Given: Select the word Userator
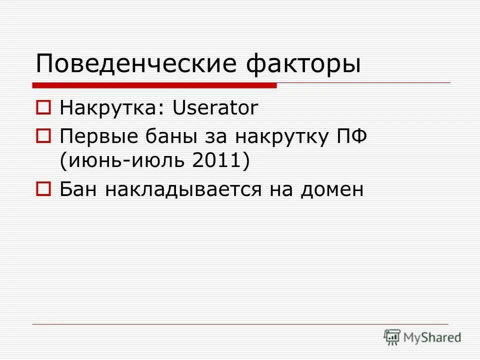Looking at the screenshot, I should [215, 108].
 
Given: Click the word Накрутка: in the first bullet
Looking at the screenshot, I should [112, 108].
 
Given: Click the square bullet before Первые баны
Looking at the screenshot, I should [43, 135].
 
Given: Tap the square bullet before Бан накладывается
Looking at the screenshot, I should [43, 189].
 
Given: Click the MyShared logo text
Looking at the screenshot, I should [432, 337].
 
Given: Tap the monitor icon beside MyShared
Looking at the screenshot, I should [392, 337].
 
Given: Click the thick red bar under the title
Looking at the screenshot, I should [155, 85].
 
